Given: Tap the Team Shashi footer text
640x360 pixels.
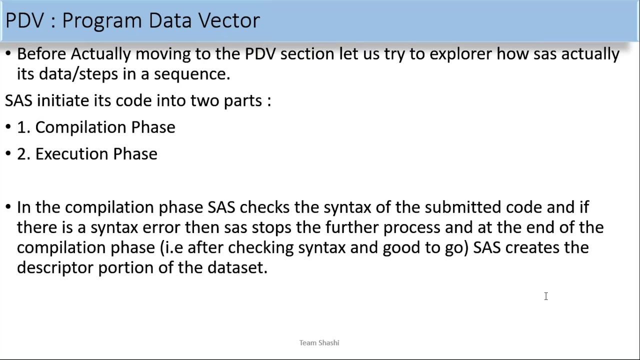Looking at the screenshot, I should (x=319, y=342).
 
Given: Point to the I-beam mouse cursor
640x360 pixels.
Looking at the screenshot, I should (x=546, y=296).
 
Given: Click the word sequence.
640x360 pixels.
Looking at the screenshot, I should (x=191, y=74).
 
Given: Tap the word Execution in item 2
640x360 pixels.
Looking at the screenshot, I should (x=72, y=154).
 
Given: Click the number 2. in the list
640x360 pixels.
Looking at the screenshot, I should (x=23, y=154).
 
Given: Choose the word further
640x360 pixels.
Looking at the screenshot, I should (x=352, y=227).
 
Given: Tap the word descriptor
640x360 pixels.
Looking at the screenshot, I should (x=55, y=267).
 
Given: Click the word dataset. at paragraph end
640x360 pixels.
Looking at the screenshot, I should (x=237, y=267).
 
